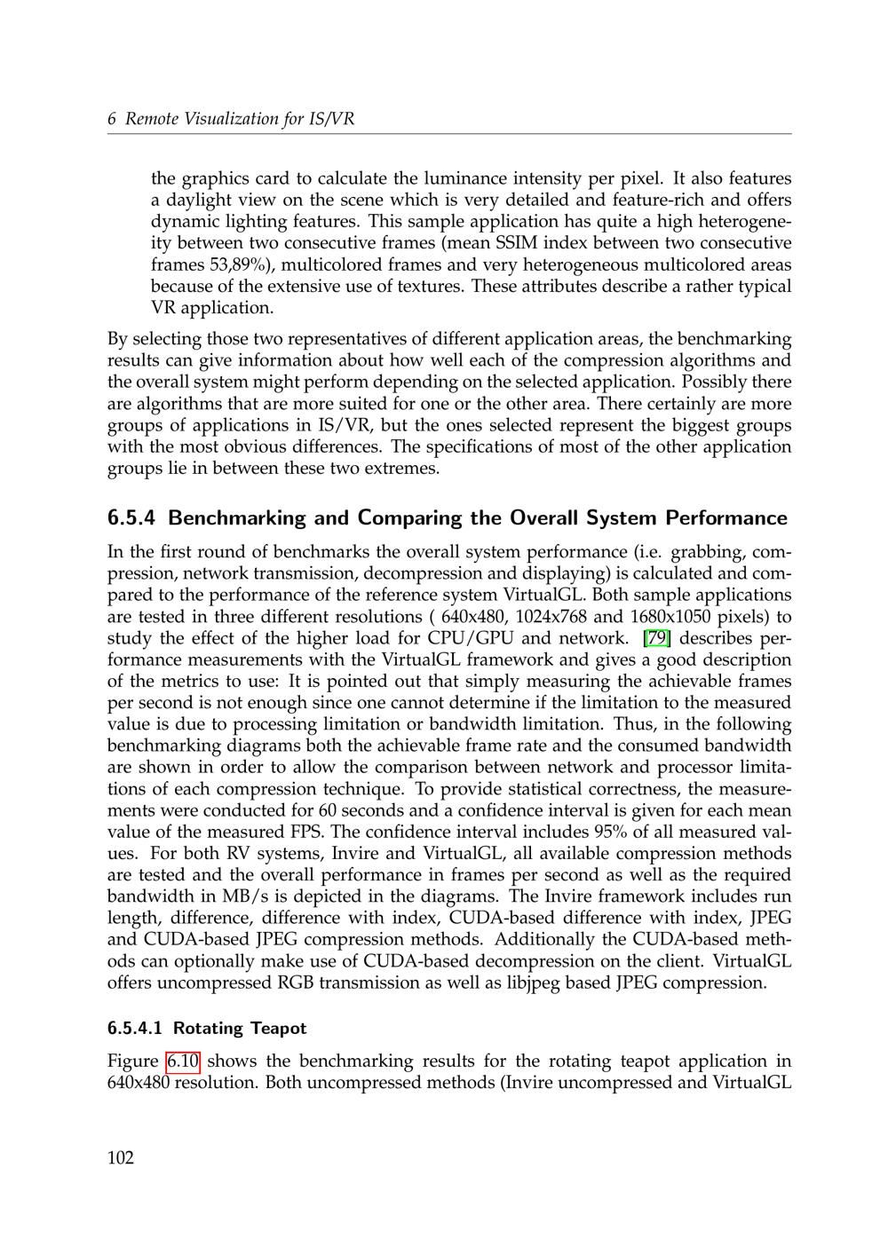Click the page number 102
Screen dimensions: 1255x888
click(121, 1157)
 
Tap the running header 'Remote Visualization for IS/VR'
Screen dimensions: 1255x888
click(240, 119)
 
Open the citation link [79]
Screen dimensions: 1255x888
click(656, 638)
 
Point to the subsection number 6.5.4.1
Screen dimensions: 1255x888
click(136, 1029)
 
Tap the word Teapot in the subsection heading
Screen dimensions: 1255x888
click(278, 1029)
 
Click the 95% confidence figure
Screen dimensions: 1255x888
click(607, 833)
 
